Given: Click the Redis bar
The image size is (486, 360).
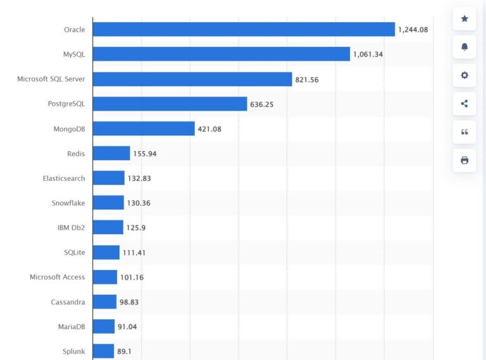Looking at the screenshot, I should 111,153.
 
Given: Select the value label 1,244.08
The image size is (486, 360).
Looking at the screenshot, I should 413,29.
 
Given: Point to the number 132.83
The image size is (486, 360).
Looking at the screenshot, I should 140,178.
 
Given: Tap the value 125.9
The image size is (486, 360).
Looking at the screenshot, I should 137,227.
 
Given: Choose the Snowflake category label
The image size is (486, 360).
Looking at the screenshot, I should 68,203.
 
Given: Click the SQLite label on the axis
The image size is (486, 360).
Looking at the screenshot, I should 74,252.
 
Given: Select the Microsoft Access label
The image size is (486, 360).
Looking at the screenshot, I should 58,277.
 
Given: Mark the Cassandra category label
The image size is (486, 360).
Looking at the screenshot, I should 68,302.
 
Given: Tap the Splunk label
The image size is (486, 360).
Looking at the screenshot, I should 73,351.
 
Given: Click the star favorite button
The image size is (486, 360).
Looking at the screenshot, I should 464,18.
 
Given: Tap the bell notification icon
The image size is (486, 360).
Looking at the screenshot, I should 464,47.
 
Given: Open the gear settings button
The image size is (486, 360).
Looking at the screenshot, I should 464,75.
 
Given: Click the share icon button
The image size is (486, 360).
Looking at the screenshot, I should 464,104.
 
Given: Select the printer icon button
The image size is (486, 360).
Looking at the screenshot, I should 464,160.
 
